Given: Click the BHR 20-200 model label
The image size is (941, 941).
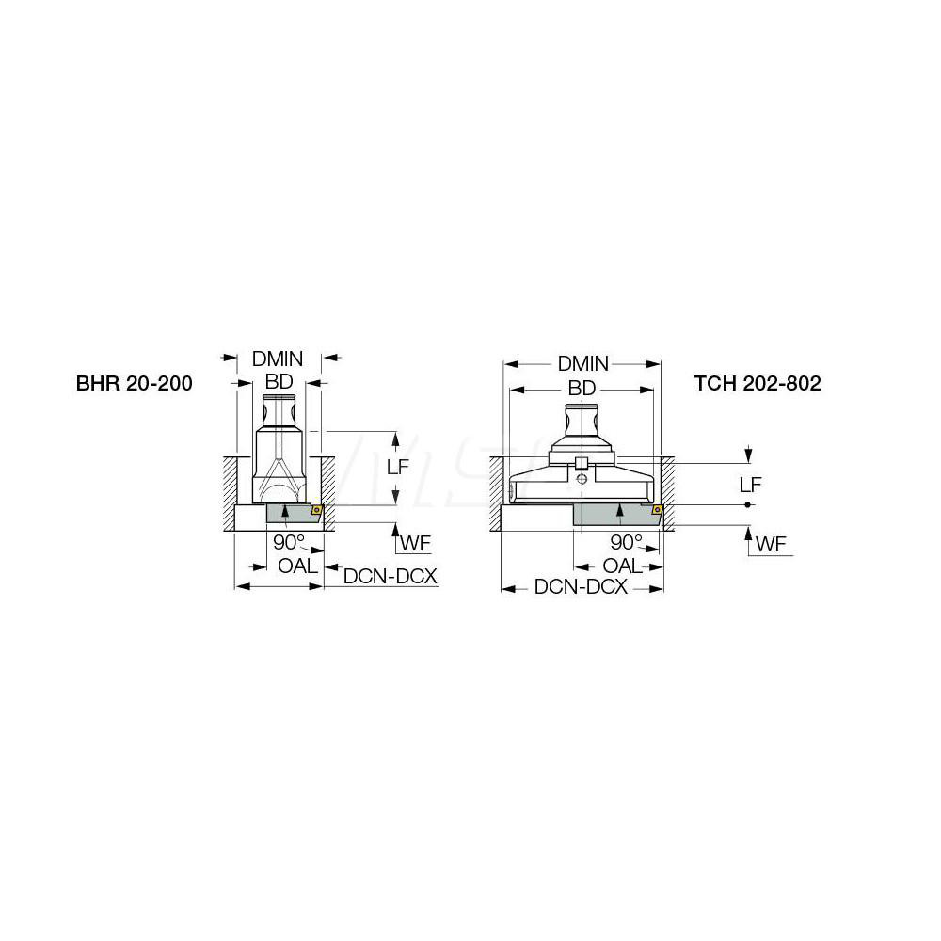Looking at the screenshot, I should click(134, 384).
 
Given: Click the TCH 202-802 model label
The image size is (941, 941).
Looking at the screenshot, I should click(758, 384).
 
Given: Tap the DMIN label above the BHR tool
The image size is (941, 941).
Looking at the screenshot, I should click(278, 359).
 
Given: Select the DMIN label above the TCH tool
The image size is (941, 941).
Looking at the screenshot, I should click(583, 363).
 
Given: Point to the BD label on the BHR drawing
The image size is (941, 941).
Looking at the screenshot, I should click(279, 381).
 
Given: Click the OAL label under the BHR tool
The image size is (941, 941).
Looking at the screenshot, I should click(298, 566).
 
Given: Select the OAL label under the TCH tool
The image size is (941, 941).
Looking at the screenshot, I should click(622, 566).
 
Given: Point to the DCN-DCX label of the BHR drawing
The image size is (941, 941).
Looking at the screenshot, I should click(391, 577).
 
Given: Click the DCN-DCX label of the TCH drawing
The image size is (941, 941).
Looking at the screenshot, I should click(581, 586).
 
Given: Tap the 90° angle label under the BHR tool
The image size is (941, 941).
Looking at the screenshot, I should click(290, 543).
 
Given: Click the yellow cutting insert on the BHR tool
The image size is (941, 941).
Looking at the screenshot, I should click(316, 511).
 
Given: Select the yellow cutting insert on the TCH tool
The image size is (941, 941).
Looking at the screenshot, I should click(656, 511).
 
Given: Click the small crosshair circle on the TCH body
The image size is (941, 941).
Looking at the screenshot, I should click(583, 479).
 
